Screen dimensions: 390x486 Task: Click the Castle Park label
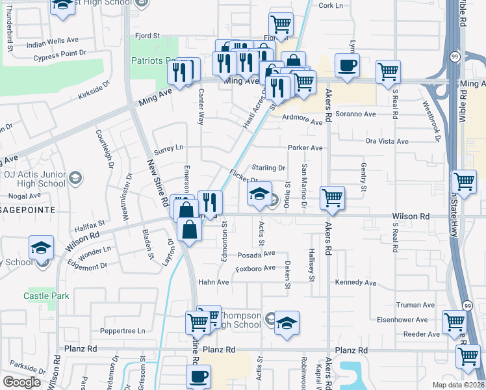click(46, 296)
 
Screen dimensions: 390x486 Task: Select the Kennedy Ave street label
click(355, 283)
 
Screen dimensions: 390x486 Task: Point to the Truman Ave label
click(415, 305)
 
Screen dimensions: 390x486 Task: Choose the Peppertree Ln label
click(123, 330)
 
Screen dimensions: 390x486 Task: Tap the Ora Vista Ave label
click(387, 141)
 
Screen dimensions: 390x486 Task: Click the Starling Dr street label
click(269, 168)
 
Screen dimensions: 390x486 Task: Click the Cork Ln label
click(330, 5)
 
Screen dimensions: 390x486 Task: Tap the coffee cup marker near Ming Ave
click(346, 66)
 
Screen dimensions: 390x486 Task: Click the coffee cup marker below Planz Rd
click(199, 376)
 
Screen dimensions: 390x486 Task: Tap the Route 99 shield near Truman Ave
click(467, 305)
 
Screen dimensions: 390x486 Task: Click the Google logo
click(21, 382)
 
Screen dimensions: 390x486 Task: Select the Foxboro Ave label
click(255, 268)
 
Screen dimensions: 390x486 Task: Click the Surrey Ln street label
click(169, 149)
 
